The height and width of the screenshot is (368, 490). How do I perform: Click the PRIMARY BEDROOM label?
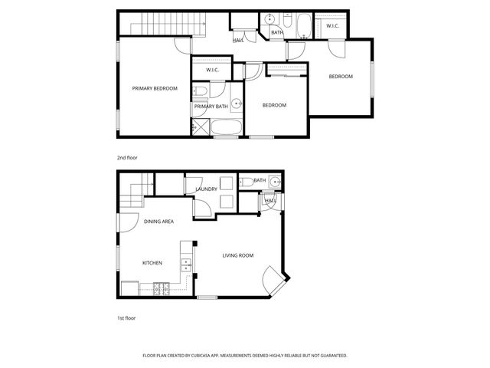(x=155, y=89)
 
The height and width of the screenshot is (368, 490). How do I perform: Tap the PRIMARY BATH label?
(x=211, y=107)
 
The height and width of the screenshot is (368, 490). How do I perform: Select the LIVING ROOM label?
(x=238, y=255)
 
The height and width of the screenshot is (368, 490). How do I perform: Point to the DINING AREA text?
(x=158, y=222)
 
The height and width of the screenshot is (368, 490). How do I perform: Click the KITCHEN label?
(x=152, y=263)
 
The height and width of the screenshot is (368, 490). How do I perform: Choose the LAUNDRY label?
(x=207, y=189)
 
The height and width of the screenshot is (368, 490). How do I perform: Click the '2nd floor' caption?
(x=127, y=157)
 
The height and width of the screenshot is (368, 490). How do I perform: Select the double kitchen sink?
(x=186, y=265)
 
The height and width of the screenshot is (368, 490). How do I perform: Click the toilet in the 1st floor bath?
(x=246, y=182)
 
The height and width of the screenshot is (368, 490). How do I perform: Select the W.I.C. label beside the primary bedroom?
(x=213, y=71)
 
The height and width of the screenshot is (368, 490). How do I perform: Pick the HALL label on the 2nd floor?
(x=238, y=40)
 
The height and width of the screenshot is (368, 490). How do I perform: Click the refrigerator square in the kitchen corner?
(x=129, y=289)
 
